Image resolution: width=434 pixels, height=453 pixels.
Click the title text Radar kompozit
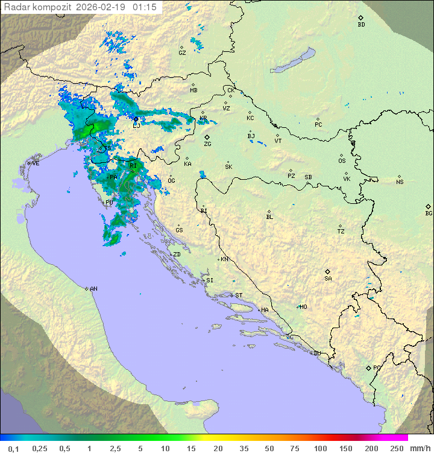click(x=37, y=7)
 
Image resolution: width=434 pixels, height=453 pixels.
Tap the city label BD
click(x=361, y=25)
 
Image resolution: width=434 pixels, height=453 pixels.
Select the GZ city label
click(x=182, y=52)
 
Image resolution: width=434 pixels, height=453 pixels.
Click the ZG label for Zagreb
click(x=207, y=144)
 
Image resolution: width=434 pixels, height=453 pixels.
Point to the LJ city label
click(x=136, y=125)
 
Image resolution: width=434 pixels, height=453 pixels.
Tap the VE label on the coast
click(x=36, y=163)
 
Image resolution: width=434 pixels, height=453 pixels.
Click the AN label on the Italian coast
click(x=93, y=289)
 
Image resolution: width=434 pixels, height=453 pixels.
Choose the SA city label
click(x=328, y=278)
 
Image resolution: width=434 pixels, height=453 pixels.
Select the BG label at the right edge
click(x=429, y=213)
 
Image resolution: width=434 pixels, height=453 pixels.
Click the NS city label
click(x=400, y=182)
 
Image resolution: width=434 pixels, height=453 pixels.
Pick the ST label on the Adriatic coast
click(x=239, y=296)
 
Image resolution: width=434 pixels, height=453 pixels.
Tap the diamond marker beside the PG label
click(x=368, y=367)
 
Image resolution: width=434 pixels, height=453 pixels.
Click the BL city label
click(x=269, y=217)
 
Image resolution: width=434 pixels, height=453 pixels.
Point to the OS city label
click(x=342, y=161)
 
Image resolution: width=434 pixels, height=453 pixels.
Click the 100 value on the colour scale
click(x=320, y=448)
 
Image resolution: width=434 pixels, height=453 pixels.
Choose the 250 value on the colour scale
click(x=397, y=448)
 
